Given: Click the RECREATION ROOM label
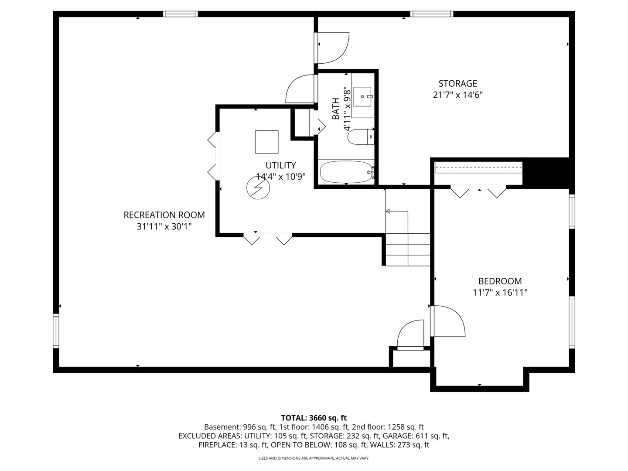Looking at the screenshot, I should click(x=164, y=215).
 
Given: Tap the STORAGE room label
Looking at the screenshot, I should click(x=457, y=83).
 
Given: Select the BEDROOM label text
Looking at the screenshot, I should click(x=500, y=281).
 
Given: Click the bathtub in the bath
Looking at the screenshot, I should click(x=346, y=172).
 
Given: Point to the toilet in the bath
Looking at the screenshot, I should click(x=360, y=137).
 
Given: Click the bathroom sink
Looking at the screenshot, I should click(x=362, y=96).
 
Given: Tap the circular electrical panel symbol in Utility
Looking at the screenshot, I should click(x=258, y=188).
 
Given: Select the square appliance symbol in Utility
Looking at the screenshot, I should click(x=266, y=142).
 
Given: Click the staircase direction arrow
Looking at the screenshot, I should click(x=396, y=212).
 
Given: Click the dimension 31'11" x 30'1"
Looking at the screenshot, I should click(x=164, y=227).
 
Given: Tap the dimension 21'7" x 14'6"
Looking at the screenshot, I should click(x=457, y=95).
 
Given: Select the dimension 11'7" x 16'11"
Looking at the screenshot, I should click(x=500, y=293).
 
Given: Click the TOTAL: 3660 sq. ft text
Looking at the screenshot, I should click(x=314, y=418).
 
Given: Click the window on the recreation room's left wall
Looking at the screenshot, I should click(x=56, y=331).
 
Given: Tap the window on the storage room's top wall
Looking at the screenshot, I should click(x=432, y=14).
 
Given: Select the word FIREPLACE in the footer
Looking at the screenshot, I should click(x=217, y=445).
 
